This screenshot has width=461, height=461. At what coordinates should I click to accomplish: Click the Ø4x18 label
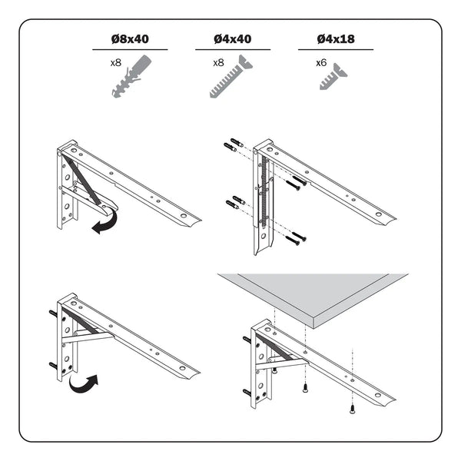335,39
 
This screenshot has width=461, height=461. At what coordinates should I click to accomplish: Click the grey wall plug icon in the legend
131,80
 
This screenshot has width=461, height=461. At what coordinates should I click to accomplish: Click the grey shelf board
323,297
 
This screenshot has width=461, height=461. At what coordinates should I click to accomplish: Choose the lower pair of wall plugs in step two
235,204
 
